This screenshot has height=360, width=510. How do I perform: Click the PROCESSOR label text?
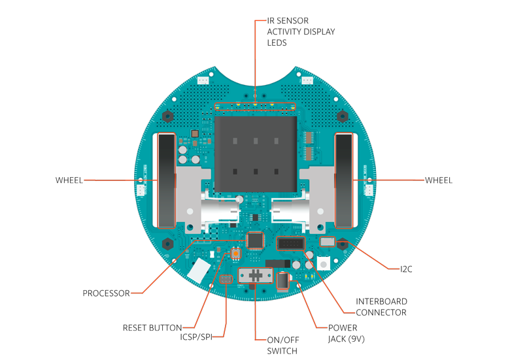[106, 293]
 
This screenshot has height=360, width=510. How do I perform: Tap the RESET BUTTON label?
[152, 328]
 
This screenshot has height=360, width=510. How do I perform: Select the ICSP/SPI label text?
[196, 337]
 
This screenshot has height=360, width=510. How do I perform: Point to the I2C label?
[406, 269]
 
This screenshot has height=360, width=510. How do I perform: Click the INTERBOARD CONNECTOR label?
[381, 307]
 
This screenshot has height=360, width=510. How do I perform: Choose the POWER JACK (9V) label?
[346, 333]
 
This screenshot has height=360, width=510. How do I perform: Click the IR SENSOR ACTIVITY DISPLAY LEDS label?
[301, 31]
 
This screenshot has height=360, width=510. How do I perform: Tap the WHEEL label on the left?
[69, 180]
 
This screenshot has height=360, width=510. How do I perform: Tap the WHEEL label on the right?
[439, 180]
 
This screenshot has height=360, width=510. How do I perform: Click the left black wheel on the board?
[166, 180]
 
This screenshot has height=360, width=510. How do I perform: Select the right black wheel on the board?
[344, 180]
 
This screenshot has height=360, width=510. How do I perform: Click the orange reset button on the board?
[236, 253]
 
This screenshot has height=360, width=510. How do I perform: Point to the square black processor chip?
[255, 240]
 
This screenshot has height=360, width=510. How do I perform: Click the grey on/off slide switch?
[256, 276]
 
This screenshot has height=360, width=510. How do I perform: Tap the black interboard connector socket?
[290, 243]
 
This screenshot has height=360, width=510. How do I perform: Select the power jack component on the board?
[282, 281]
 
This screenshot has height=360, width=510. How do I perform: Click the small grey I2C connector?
[328, 242]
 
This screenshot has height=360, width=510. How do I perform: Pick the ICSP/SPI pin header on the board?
[226, 279]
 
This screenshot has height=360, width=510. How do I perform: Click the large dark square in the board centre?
[256, 154]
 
